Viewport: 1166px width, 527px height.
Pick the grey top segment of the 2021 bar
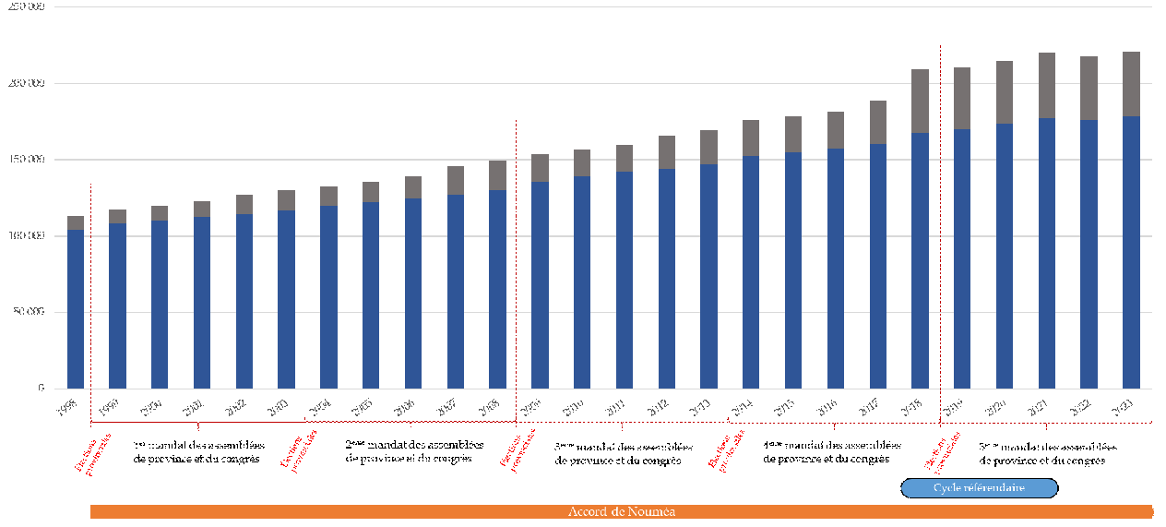1047,86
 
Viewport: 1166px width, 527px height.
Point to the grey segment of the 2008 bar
497,175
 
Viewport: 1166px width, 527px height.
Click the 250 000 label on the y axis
29,6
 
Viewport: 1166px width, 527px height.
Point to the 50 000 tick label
29,312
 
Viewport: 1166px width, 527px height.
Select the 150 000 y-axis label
29,160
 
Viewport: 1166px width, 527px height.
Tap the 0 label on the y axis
41,389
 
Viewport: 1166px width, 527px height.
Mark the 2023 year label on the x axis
1124,409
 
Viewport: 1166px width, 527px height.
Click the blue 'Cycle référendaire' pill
979,488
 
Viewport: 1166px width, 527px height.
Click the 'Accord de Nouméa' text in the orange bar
622,512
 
